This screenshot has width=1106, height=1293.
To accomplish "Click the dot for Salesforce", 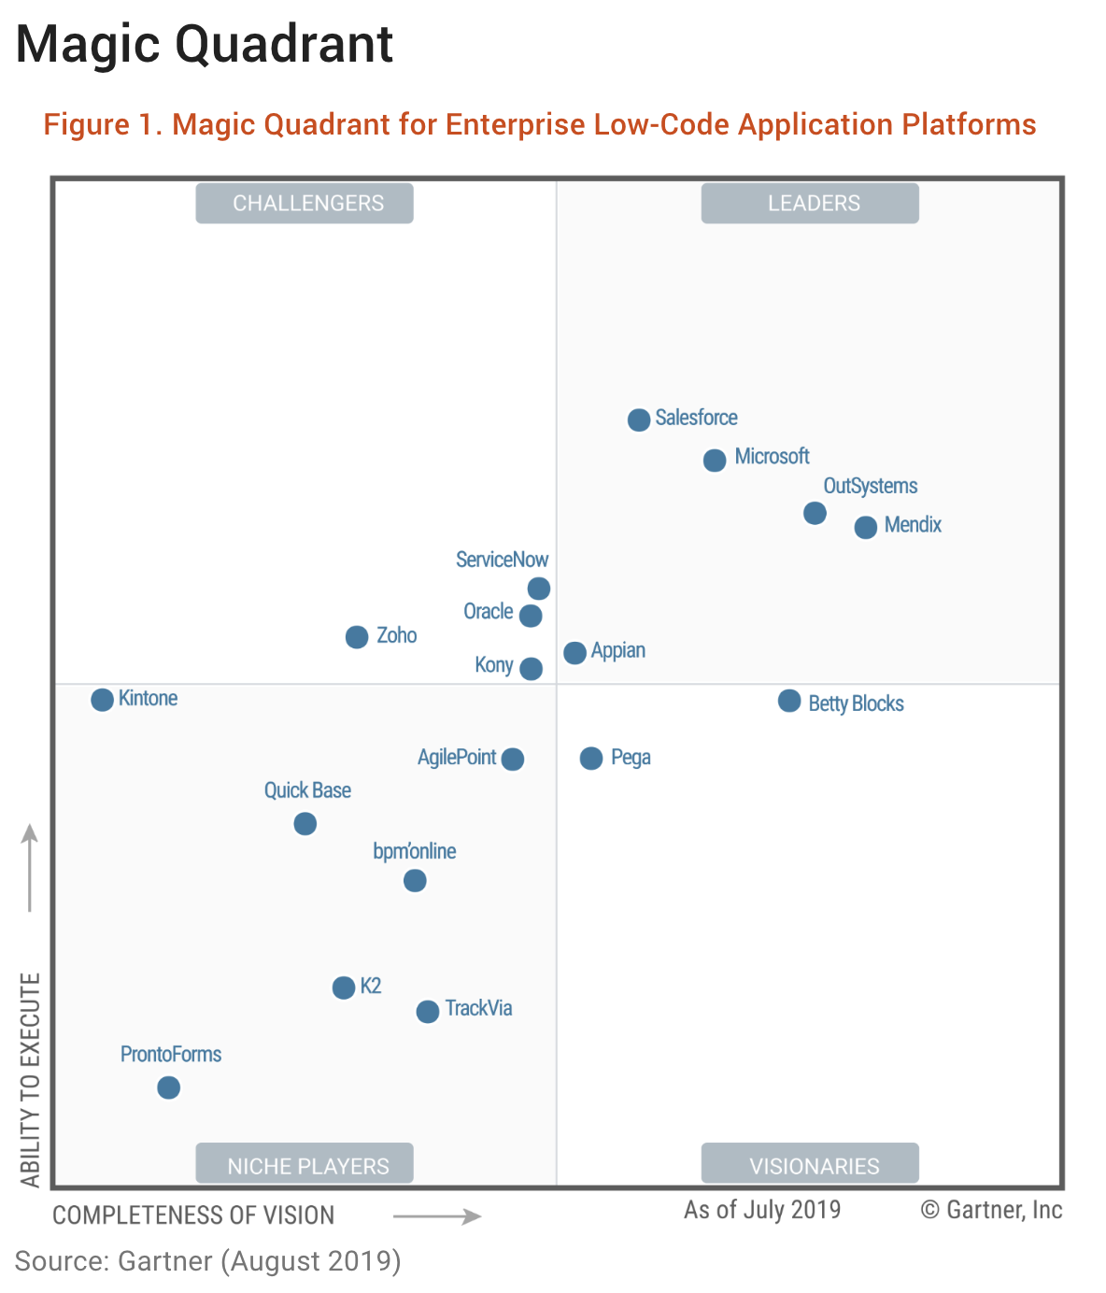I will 639,419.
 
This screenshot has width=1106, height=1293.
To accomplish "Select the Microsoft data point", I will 715,460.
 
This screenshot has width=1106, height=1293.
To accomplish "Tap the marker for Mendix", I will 866,527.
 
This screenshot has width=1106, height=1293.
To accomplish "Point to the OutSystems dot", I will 815,513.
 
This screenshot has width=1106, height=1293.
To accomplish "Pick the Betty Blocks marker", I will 789,701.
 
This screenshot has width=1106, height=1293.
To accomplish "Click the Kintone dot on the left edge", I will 103,699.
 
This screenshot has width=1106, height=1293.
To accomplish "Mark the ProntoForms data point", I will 168,1087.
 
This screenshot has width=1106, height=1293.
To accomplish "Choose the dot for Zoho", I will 357,637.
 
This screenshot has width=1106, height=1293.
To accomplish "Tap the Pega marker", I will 591,758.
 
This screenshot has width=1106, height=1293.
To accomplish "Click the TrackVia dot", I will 428,1011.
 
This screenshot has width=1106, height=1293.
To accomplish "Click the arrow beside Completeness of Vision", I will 437,1215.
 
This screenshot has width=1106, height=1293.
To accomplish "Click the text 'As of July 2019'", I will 762,1210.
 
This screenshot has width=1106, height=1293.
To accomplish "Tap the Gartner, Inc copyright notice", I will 991,1210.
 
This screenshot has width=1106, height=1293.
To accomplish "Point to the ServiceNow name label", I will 502,560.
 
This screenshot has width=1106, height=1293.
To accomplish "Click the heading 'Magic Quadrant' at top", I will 206,44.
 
